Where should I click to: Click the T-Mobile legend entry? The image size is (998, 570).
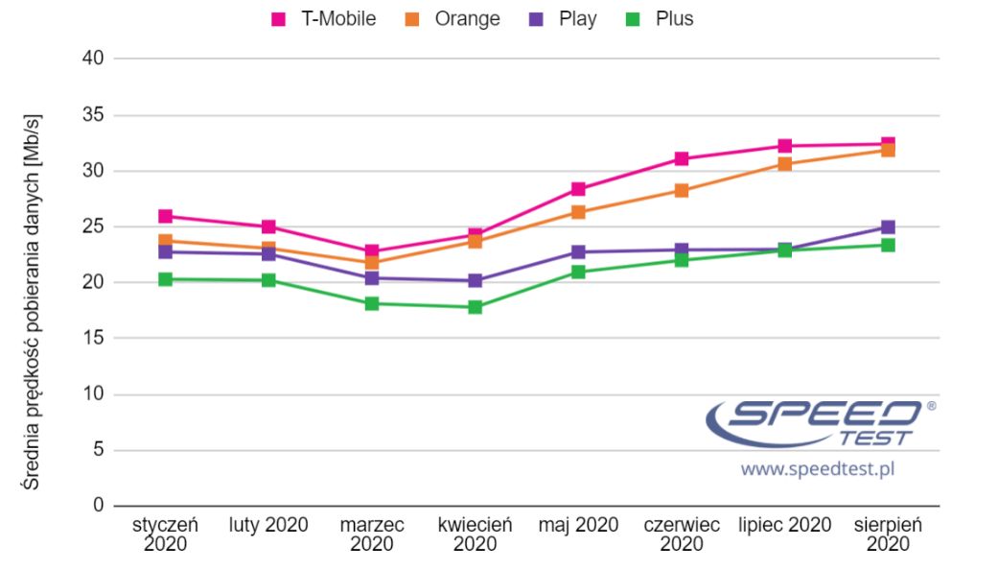[324, 19]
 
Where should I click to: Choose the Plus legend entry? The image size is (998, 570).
[661, 19]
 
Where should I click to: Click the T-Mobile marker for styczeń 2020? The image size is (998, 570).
[166, 217]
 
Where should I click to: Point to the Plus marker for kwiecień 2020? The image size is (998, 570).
[476, 307]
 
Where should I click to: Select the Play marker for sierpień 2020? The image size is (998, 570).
[888, 227]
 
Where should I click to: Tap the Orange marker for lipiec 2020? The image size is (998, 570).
[785, 164]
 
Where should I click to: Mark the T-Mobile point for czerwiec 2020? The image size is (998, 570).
[682, 158]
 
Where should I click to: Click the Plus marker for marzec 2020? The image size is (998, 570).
[372, 303]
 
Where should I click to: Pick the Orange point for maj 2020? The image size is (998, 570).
[578, 212]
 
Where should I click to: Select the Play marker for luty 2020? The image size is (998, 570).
[269, 254]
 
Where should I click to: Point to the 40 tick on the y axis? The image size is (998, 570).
[94, 59]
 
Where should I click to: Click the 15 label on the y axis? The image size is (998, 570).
[94, 339]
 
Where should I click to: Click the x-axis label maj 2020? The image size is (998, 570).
[578, 525]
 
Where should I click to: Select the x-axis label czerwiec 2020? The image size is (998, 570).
[682, 534]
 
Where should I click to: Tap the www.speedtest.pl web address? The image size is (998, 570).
[818, 469]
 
